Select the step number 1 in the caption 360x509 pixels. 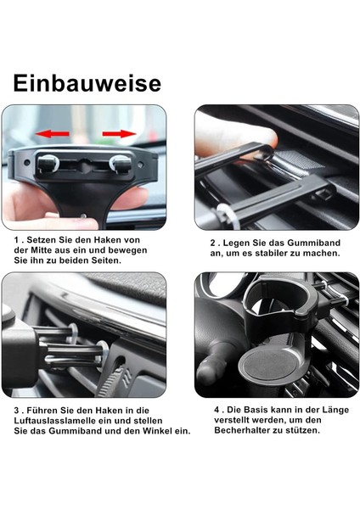coord(16,240)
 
